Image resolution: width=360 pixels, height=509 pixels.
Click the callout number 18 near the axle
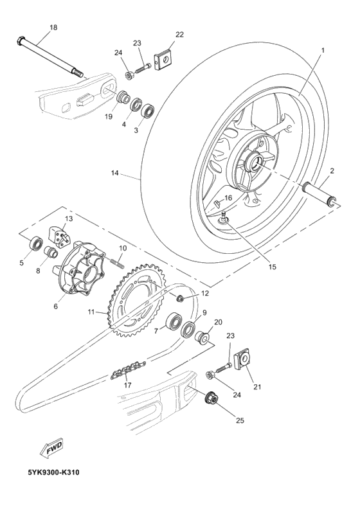[x=53, y=27]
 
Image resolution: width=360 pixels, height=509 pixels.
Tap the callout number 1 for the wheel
[x=323, y=49]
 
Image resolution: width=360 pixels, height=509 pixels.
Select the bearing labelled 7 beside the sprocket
[x=174, y=321]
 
